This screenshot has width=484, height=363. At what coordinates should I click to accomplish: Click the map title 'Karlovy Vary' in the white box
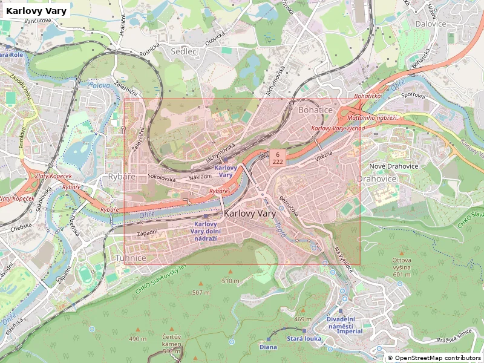[36, 11]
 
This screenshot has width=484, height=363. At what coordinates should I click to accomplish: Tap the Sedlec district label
[184, 51]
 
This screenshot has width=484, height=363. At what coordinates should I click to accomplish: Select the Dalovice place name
[431, 24]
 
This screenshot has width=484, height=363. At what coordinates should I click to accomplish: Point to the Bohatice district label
[315, 110]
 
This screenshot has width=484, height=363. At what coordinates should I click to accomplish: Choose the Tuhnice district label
[130, 258]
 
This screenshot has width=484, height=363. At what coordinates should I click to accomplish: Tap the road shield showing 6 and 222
[278, 159]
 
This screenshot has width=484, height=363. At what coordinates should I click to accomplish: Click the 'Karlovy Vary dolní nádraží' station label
[205, 231]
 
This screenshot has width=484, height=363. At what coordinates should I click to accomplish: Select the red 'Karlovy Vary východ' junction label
[338, 128]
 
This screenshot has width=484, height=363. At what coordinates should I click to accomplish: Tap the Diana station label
[268, 347]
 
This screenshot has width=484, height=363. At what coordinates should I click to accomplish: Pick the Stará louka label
[304, 338]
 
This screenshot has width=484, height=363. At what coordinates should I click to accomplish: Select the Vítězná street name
[324, 156]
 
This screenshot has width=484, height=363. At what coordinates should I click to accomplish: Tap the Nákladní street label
[200, 177]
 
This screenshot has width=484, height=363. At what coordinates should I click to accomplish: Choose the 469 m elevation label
[302, 319]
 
